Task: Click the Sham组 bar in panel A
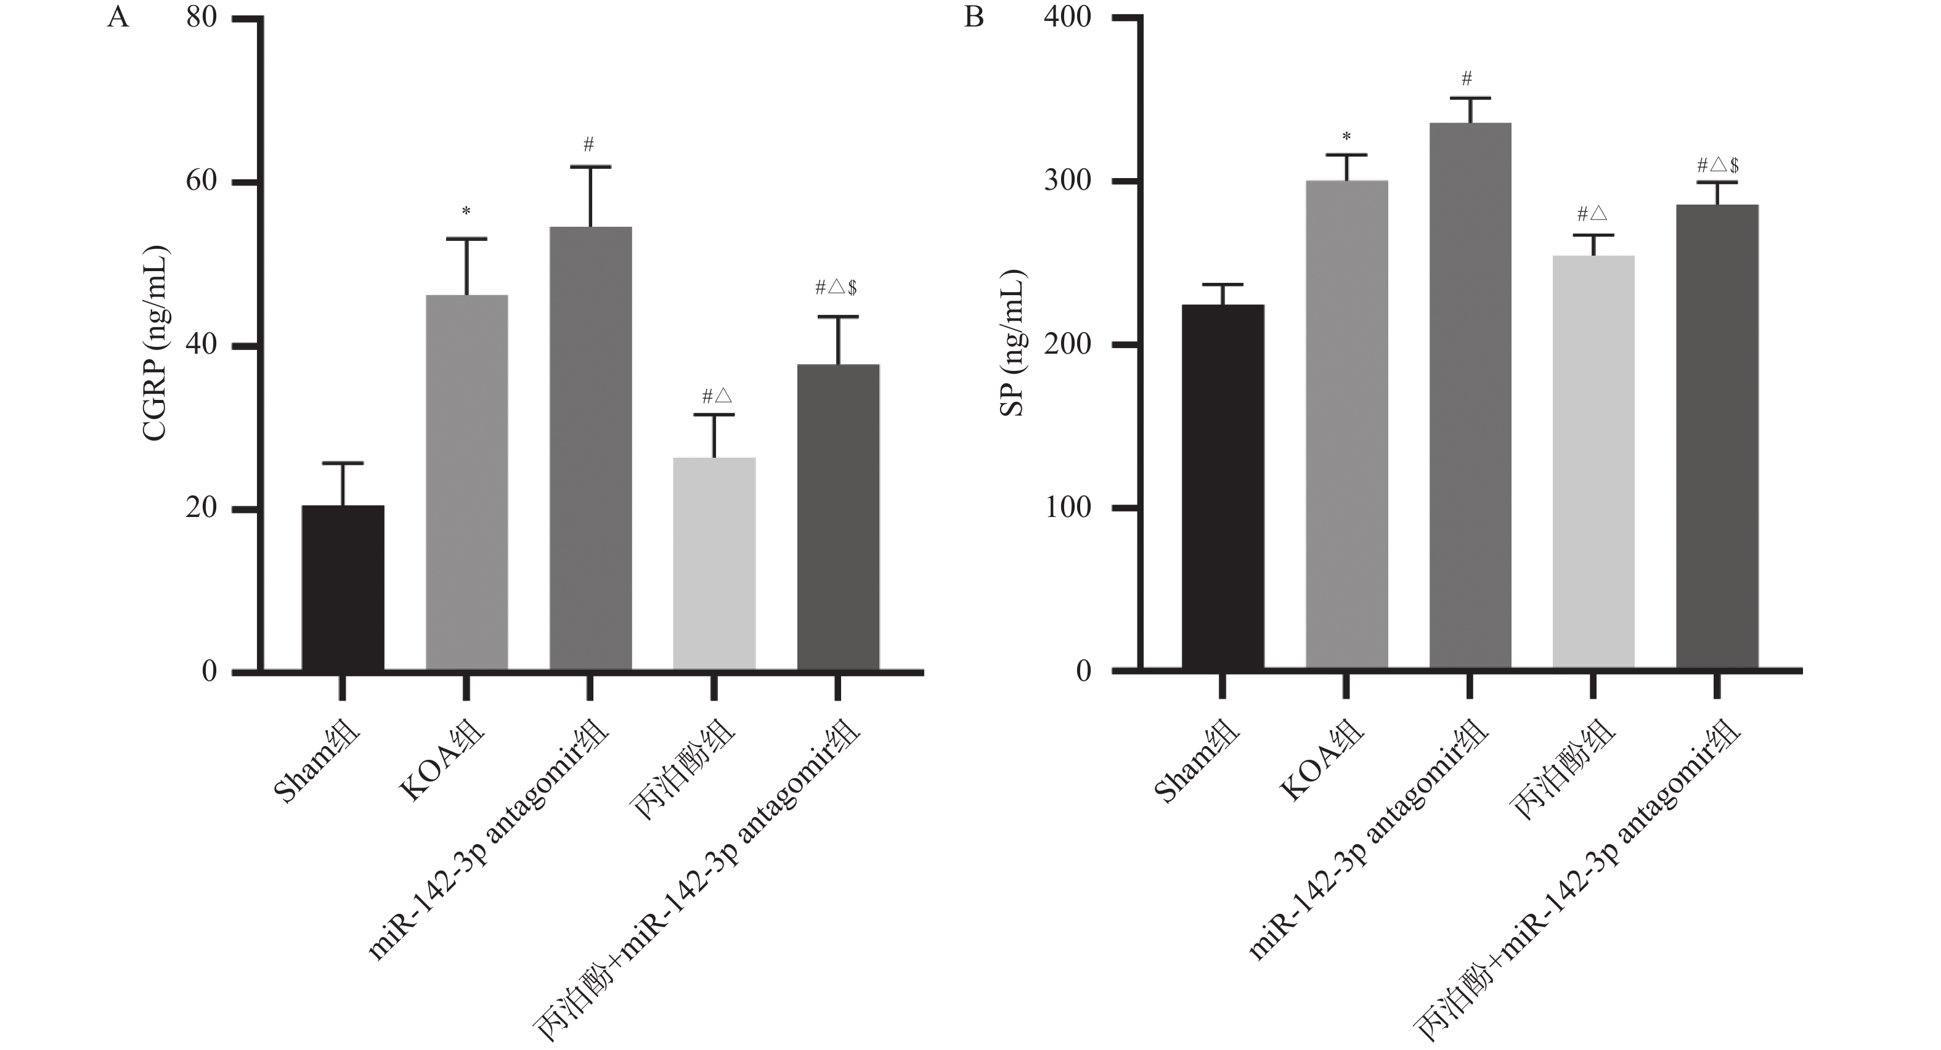[343, 587]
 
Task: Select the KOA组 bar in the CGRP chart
[466, 482]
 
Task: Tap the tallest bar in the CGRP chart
[590, 448]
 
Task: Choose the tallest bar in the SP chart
[1470, 396]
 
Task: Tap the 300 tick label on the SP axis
[1067, 181]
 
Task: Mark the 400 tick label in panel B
[1067, 17]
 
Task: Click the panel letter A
[118, 17]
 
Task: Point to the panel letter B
[974, 17]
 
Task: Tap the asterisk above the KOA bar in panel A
[466, 212]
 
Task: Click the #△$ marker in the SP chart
[1717, 165]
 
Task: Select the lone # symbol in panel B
[1467, 78]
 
